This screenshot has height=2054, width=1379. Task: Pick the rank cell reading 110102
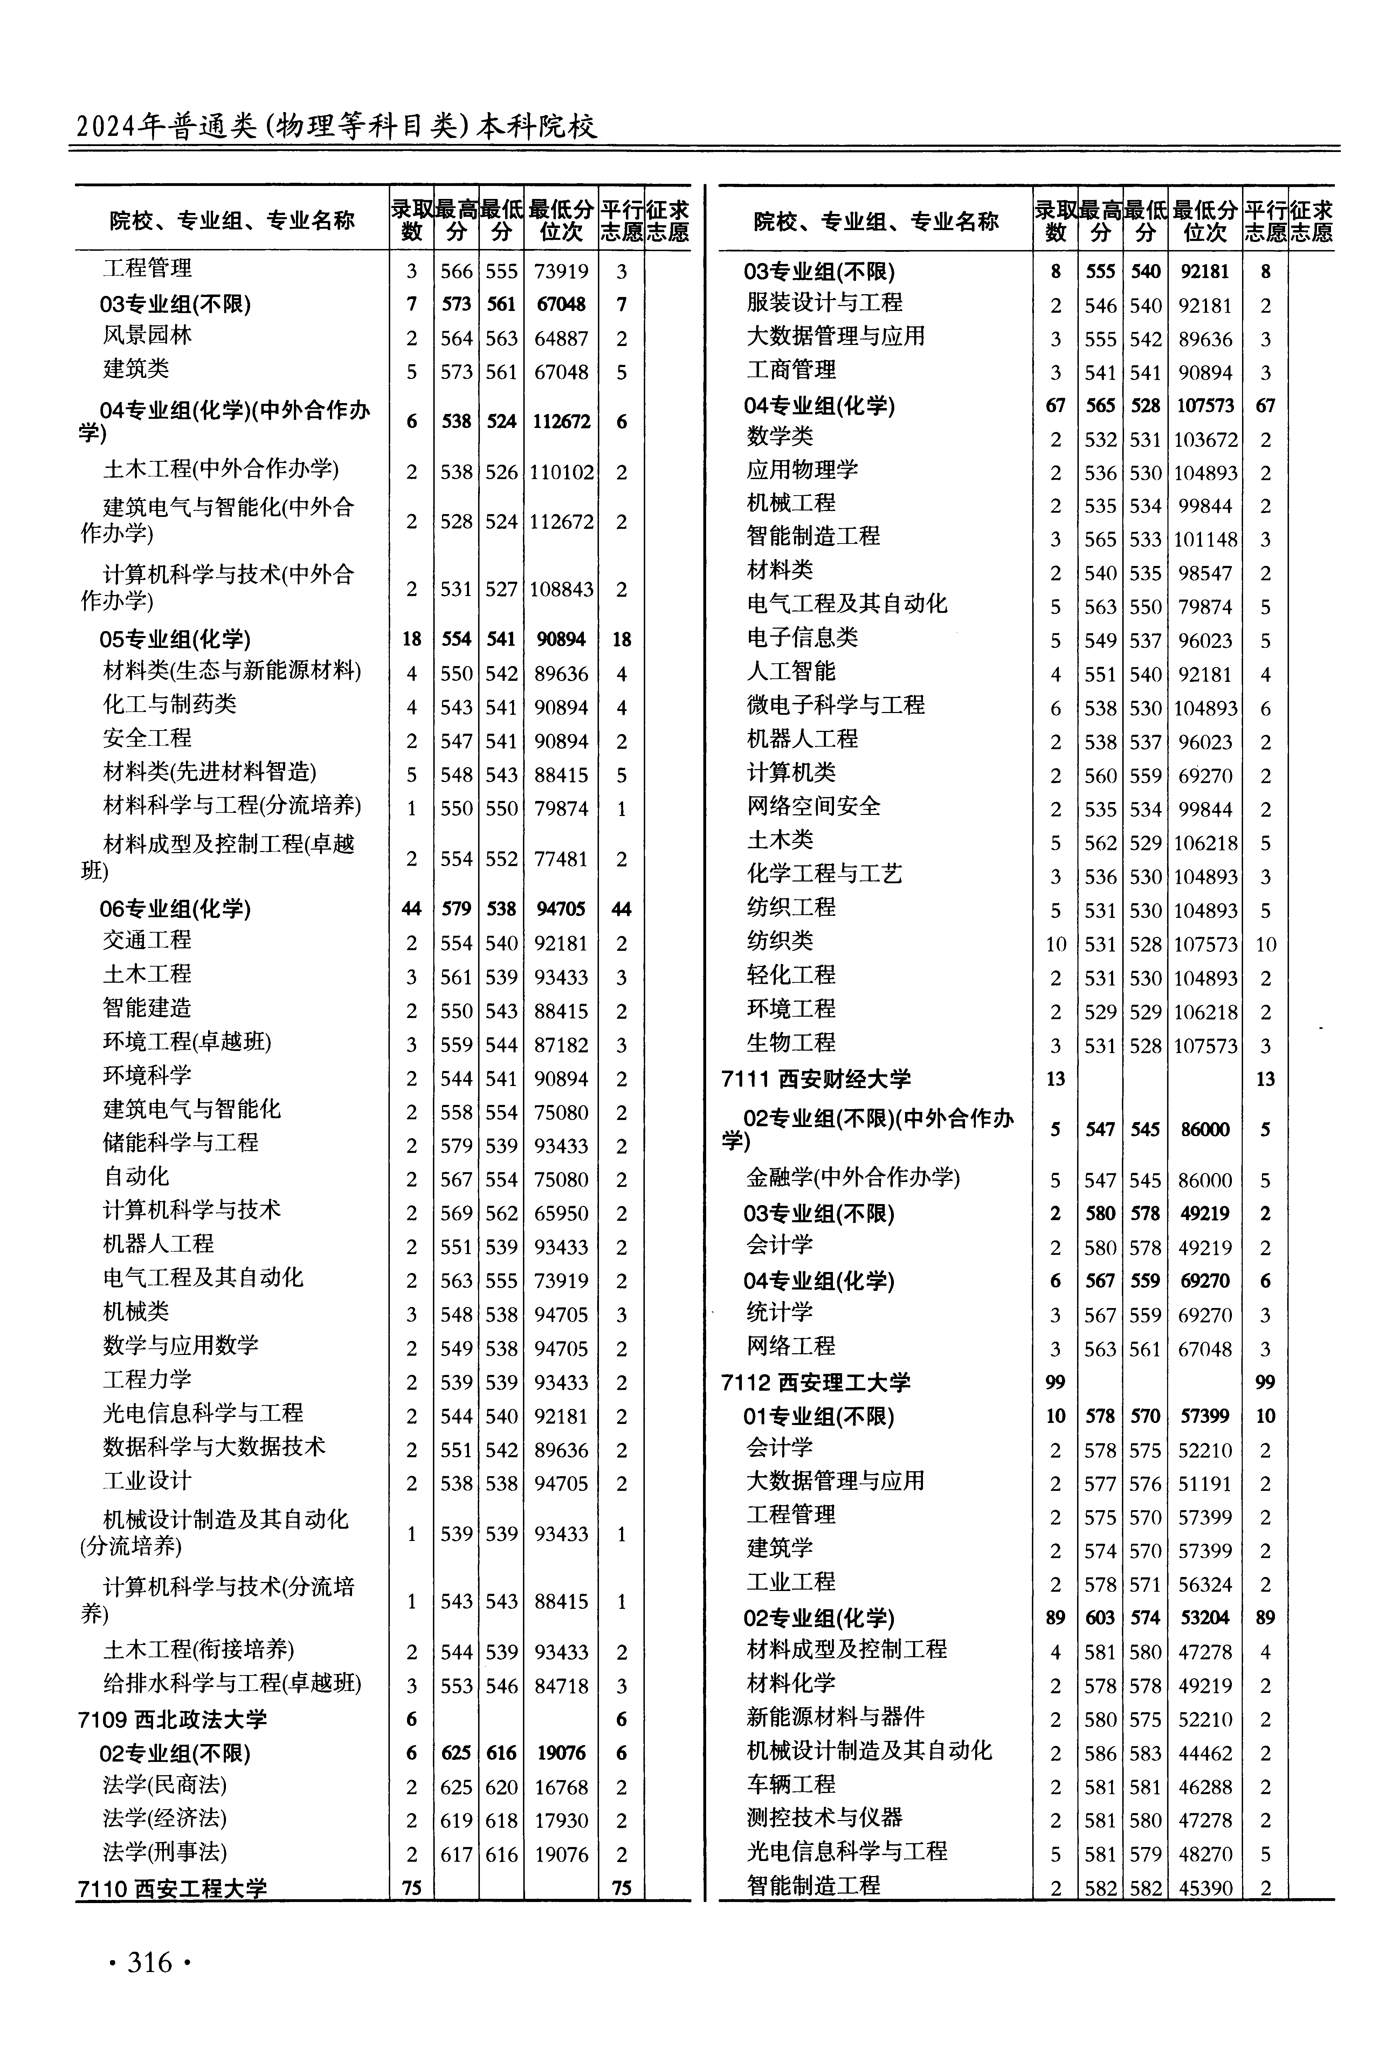pos(561,472)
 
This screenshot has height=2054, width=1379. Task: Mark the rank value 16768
pos(561,1787)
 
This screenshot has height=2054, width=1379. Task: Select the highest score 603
pos(1100,1618)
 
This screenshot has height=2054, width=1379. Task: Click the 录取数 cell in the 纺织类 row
pos(1055,944)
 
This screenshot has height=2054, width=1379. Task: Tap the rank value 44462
pos(1205,1753)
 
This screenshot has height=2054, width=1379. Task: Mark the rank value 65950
pos(561,1213)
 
